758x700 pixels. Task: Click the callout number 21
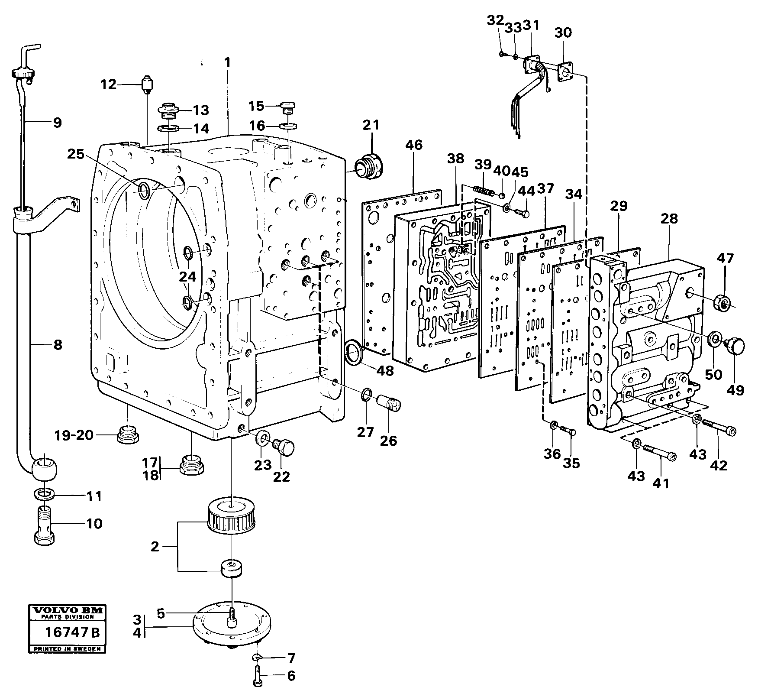(371, 125)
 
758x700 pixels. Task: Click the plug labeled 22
(284, 446)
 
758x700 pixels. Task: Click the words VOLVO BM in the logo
(66, 611)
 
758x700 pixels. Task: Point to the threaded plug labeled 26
(390, 407)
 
